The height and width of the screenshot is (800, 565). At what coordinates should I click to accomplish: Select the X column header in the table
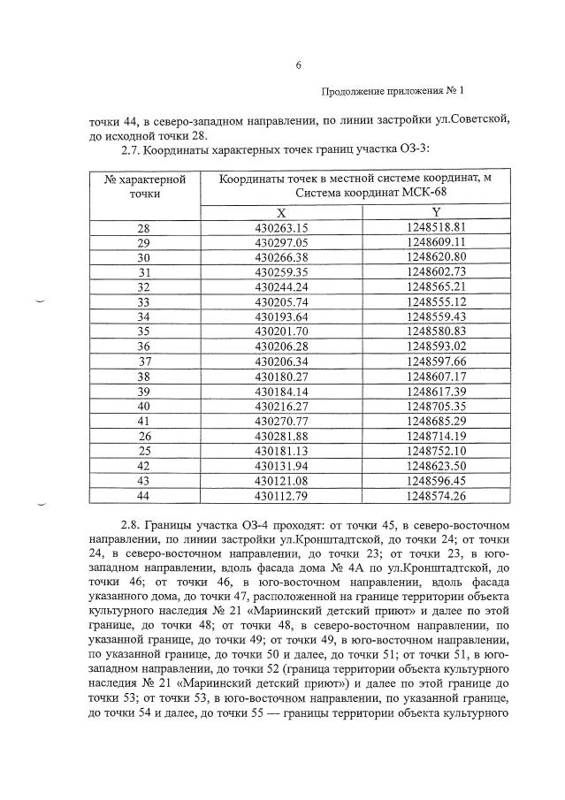point(281,212)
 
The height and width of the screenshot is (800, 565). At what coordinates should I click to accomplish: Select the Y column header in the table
point(437,212)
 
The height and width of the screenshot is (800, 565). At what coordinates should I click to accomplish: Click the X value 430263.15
point(281,227)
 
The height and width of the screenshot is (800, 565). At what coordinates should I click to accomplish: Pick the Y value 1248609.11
point(437,242)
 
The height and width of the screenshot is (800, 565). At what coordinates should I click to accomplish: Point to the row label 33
point(144,301)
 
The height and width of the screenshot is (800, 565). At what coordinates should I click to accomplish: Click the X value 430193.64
point(281,316)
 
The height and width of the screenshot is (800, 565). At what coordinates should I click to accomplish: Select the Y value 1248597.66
point(437,361)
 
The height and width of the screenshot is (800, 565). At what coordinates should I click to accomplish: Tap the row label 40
point(144,406)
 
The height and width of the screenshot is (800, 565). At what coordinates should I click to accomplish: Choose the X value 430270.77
point(281,421)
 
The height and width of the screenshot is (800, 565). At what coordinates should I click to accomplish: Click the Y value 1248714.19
point(437,436)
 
